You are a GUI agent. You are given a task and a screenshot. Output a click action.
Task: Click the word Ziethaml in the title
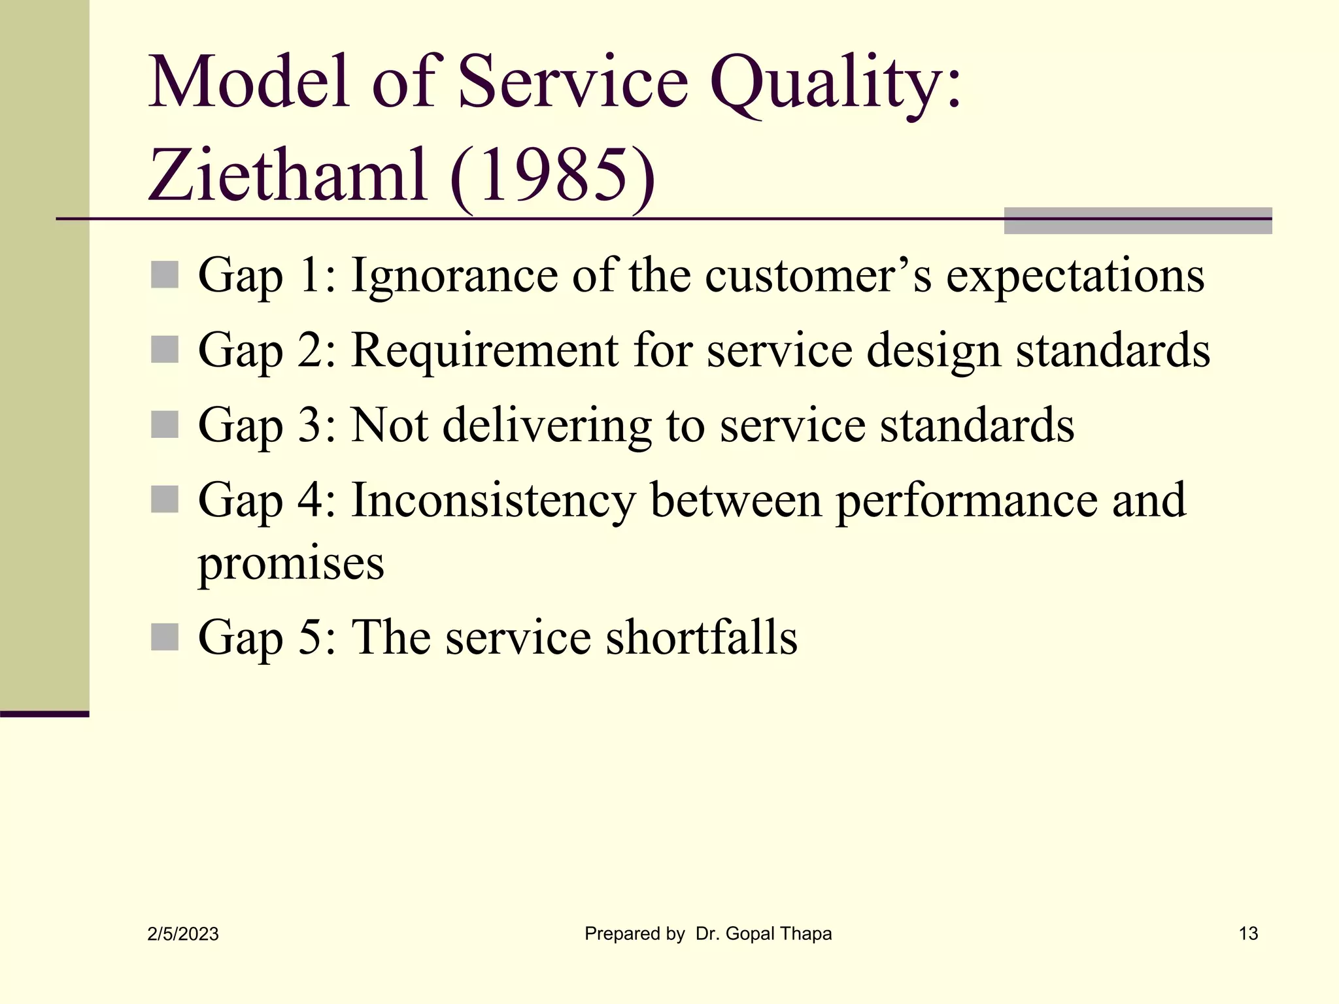pyautogui.click(x=288, y=175)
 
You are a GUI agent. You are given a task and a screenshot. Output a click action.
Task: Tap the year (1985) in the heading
pyautogui.click(x=552, y=175)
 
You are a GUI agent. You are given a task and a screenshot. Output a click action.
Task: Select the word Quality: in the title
pyautogui.click(x=836, y=84)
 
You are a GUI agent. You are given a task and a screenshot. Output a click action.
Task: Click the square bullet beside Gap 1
pyautogui.click(x=164, y=275)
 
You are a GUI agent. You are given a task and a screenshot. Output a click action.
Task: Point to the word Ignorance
pyautogui.click(x=454, y=275)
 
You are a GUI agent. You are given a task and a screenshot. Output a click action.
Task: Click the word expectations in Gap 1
pyautogui.click(x=1075, y=275)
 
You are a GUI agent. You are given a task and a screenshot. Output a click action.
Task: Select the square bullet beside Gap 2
pyautogui.click(x=164, y=350)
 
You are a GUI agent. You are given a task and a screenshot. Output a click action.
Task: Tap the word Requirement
pyautogui.click(x=484, y=350)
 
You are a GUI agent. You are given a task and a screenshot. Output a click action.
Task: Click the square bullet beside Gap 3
pyautogui.click(x=164, y=425)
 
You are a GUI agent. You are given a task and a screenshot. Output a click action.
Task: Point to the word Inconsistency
pyautogui.click(x=493, y=500)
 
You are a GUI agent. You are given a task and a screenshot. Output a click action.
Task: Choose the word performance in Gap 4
pyautogui.click(x=966, y=500)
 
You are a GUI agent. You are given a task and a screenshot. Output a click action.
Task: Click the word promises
pyautogui.click(x=291, y=563)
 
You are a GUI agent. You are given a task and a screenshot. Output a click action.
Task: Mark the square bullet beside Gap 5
pyautogui.click(x=164, y=637)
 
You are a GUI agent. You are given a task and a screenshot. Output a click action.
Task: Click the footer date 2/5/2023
pyautogui.click(x=183, y=934)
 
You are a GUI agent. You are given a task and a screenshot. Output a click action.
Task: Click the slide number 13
pyautogui.click(x=1248, y=933)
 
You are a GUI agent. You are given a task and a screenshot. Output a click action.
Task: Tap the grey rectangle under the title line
pyautogui.click(x=1138, y=226)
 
